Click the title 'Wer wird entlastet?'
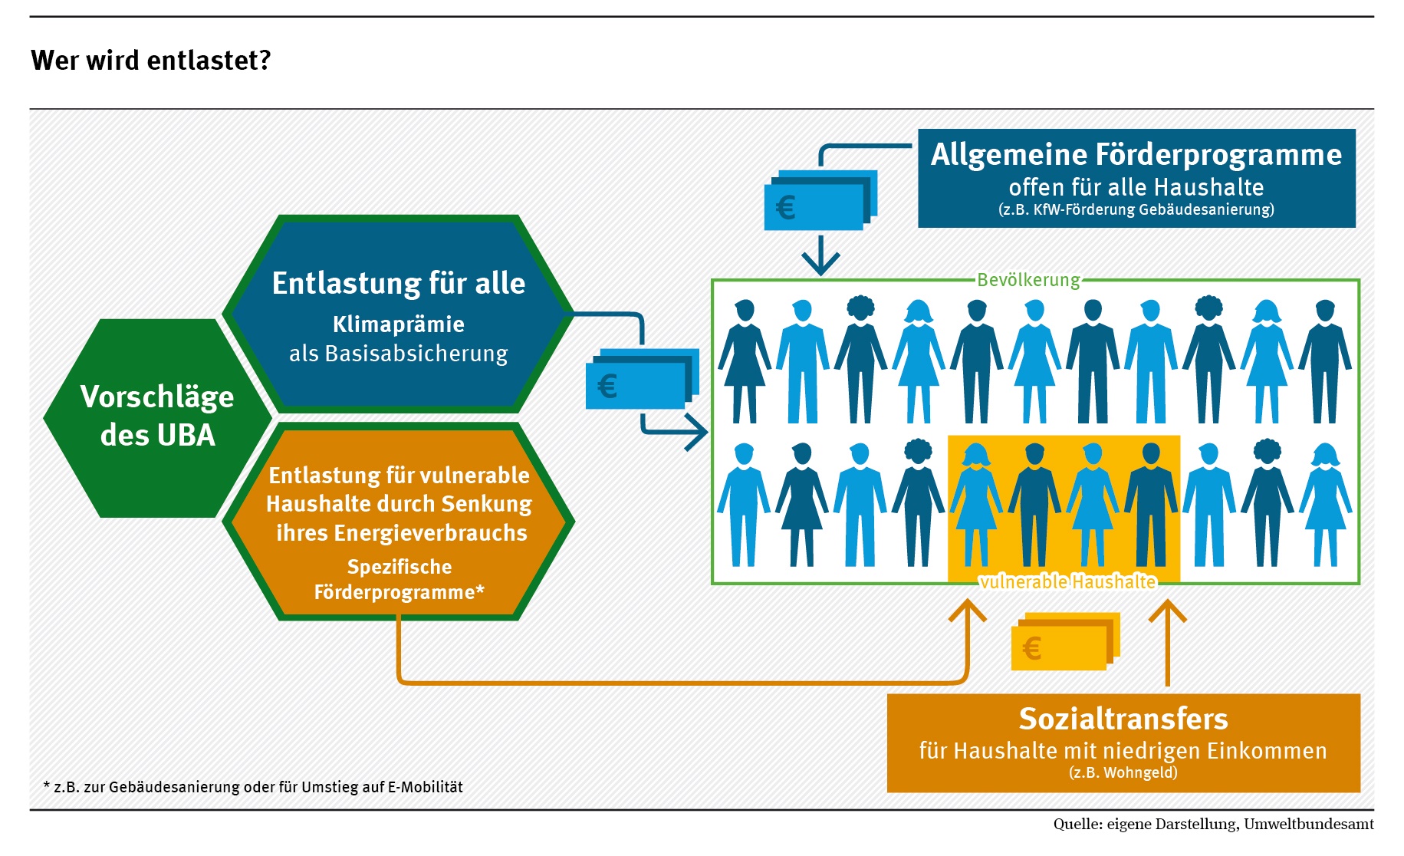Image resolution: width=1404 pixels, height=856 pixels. click(151, 60)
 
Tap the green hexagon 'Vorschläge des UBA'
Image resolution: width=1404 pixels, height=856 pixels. click(157, 416)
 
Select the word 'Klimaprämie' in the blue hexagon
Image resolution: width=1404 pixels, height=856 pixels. click(398, 324)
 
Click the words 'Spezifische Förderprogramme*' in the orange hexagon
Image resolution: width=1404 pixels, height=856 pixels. click(399, 579)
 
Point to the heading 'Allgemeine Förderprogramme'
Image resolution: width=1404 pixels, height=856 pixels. click(1136, 155)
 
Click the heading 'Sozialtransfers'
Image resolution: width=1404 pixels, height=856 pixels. click(1123, 719)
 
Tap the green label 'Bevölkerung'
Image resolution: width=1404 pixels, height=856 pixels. click(1028, 280)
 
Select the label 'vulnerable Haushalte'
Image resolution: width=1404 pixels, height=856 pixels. click(1067, 581)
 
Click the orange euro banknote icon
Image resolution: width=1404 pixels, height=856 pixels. click(1064, 642)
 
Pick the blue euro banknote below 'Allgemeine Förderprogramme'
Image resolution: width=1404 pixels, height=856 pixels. click(819, 201)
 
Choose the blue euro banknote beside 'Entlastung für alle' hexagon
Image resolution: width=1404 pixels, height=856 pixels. click(641, 380)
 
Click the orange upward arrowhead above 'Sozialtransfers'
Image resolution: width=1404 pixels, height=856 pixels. click(1167, 612)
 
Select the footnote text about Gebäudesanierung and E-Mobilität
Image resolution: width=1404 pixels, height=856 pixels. click(253, 787)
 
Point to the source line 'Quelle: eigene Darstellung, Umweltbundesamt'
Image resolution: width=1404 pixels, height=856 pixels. click(1213, 825)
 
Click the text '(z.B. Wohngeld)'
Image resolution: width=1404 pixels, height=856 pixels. click(1123, 772)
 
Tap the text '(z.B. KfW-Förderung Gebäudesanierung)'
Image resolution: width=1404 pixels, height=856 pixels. click(1136, 209)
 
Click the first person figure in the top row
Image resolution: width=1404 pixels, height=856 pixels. click(744, 361)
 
